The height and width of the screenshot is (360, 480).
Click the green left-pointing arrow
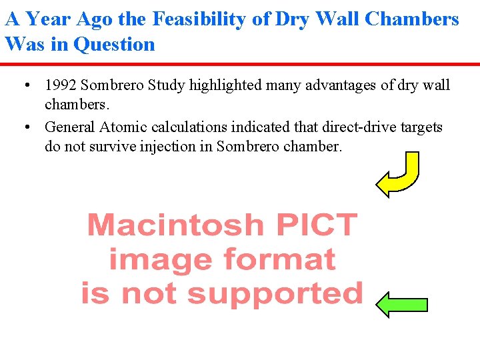[401, 304]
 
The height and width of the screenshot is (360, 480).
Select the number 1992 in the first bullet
[59, 85]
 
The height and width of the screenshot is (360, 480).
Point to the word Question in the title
[114, 45]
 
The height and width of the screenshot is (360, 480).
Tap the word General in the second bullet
[70, 127]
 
